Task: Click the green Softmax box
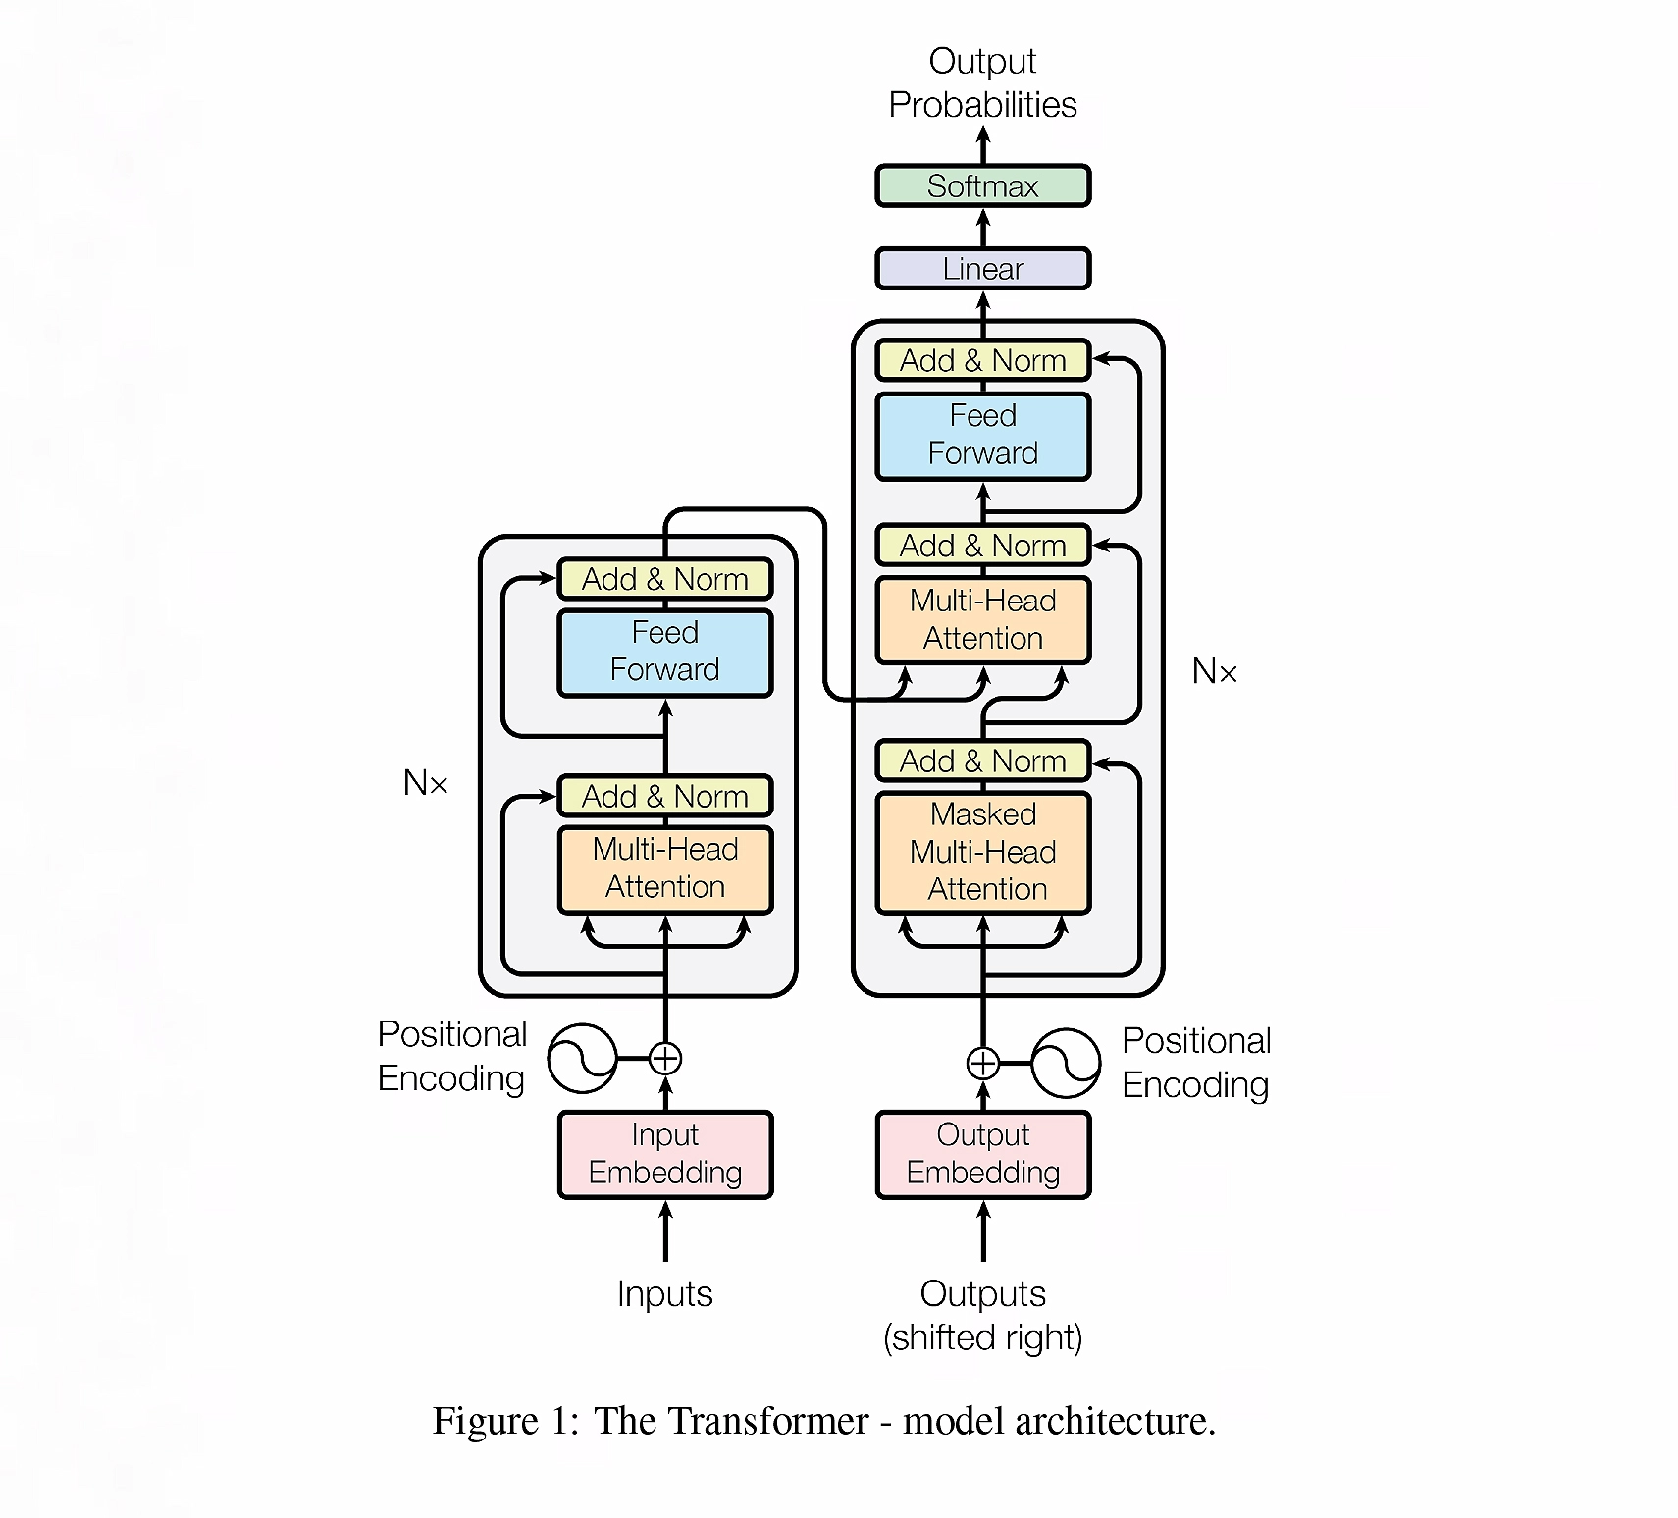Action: click(x=982, y=185)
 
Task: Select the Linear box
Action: click(x=982, y=269)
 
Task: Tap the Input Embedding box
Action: click(x=665, y=1154)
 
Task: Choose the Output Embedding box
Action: click(x=982, y=1154)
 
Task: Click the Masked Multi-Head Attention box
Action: click(x=982, y=852)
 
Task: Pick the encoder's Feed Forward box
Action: click(x=665, y=652)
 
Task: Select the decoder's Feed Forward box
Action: click(x=982, y=435)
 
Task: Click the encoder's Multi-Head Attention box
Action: click(x=665, y=868)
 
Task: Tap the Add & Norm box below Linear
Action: click(x=982, y=360)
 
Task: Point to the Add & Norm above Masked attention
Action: click(x=982, y=760)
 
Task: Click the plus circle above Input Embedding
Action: click(x=665, y=1058)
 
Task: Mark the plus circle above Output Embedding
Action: click(x=982, y=1063)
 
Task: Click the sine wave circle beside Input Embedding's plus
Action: click(x=582, y=1058)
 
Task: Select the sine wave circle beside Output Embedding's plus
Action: click(x=1066, y=1063)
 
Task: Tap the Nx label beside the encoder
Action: click(x=425, y=783)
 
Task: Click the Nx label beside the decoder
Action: click(x=1214, y=671)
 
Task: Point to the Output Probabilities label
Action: click(x=982, y=82)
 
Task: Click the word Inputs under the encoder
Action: click(x=665, y=1294)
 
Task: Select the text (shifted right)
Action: click(x=982, y=1337)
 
